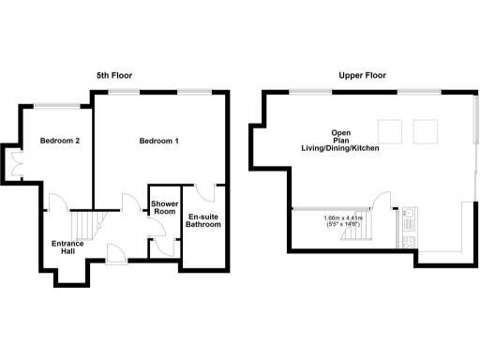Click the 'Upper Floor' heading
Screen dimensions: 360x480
(x=364, y=74)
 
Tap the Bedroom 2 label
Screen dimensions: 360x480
(x=58, y=142)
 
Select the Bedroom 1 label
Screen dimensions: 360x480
(x=159, y=142)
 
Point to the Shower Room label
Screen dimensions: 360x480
(x=164, y=208)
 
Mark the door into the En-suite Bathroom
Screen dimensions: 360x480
(x=209, y=192)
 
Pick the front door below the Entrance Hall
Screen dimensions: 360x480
(x=115, y=252)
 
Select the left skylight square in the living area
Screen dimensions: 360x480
(x=390, y=130)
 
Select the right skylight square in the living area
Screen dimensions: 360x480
(x=426, y=130)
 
